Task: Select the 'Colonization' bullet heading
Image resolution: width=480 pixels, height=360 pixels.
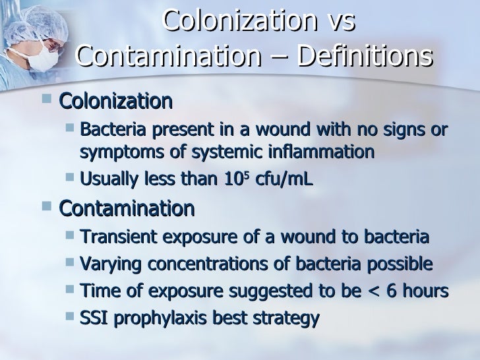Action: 116,102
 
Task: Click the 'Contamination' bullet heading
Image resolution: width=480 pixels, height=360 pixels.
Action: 127,209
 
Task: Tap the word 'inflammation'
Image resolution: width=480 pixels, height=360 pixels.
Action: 320,152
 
